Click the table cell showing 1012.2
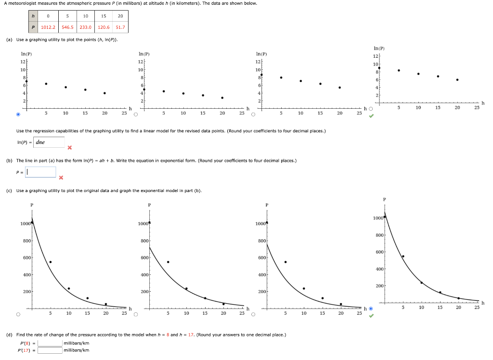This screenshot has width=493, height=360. (x=48, y=27)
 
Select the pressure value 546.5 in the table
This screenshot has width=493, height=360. (x=67, y=27)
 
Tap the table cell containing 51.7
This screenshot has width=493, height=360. (x=120, y=27)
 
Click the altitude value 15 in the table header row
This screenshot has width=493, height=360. (x=104, y=16)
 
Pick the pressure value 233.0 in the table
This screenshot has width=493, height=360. (x=86, y=27)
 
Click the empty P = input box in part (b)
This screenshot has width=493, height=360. (x=41, y=172)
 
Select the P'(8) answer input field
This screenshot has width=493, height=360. (x=50, y=343)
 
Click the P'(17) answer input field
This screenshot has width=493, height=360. (x=50, y=350)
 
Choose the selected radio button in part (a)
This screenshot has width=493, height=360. (x=18, y=115)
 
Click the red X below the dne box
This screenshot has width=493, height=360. (x=70, y=147)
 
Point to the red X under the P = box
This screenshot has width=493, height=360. (x=61, y=178)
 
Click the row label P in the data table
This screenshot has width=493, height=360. (x=33, y=27)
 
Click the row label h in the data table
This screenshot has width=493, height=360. (x=33, y=16)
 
